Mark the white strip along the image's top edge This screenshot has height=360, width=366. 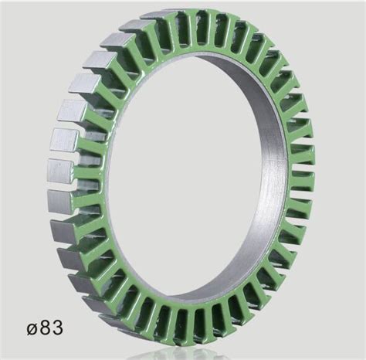[x=183, y=2]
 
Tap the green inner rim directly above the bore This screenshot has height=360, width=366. [x=193, y=66]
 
